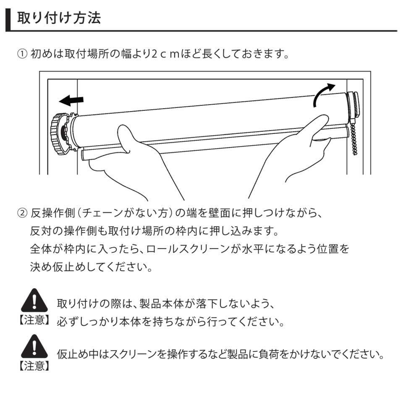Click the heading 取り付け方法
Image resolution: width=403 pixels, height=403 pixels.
pos(59,18)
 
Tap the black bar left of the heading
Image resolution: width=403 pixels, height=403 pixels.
pos(8,20)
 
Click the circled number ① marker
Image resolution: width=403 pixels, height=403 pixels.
pos(22,54)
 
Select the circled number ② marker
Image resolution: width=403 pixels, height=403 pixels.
pos(22,213)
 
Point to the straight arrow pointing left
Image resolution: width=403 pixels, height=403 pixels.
pos(71,100)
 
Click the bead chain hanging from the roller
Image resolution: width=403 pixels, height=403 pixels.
pos(353,139)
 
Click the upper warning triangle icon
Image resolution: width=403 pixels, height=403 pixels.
pos(34,300)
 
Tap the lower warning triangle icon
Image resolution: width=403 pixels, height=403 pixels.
pos(34,346)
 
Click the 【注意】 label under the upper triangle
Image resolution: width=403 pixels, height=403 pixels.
pos(34,320)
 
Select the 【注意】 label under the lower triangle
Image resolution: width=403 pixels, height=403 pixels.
pos(34,366)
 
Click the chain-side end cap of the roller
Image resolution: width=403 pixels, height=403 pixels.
pos(353,107)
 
